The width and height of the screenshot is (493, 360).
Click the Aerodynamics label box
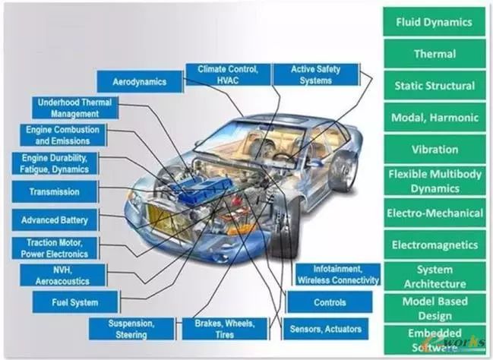[139, 81]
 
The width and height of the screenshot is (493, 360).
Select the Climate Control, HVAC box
[227, 74]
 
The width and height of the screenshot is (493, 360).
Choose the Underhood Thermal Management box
[76, 108]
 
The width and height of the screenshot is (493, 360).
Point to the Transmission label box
[54, 191]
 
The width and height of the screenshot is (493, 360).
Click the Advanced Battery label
[54, 220]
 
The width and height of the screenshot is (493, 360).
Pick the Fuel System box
[75, 302]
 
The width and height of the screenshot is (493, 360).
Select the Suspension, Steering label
[132, 328]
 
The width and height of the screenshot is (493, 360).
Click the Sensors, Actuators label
[326, 329]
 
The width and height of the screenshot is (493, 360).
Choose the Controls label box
[329, 302]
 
